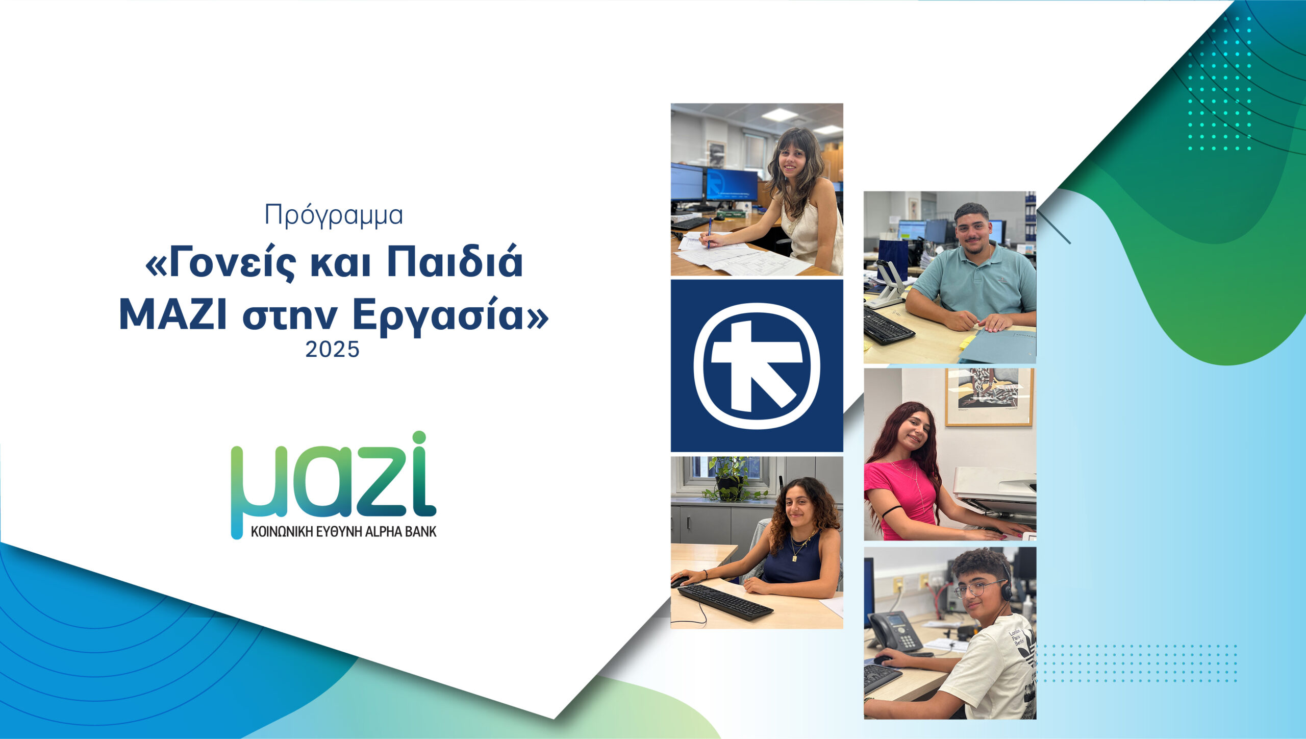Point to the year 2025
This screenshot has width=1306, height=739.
point(333,350)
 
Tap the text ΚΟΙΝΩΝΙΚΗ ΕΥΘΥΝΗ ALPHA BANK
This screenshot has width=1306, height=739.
point(344,532)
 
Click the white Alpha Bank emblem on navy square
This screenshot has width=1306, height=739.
point(757,365)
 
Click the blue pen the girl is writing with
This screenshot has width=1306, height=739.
point(710,233)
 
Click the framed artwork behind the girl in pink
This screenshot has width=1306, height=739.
point(989,397)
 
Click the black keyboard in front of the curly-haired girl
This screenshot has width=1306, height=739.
point(724,602)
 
